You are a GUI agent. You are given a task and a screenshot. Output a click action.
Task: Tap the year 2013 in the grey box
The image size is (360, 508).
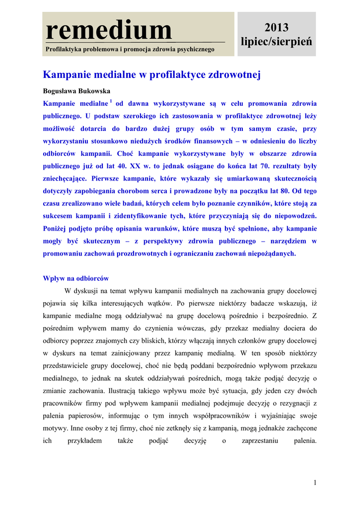click(277, 27)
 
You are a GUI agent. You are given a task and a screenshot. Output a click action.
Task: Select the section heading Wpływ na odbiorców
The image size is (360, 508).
click(76, 278)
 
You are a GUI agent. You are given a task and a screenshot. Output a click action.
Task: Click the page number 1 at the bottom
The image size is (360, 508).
click(315, 483)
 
